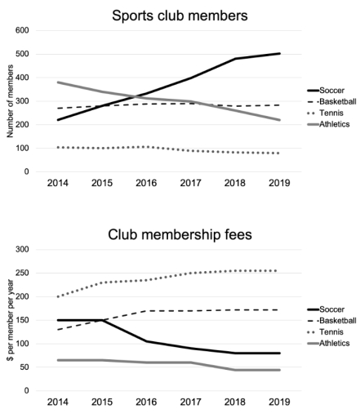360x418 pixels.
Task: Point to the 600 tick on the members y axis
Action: pyautogui.click(x=22, y=31)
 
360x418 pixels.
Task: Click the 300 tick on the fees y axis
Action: pyautogui.click(x=22, y=250)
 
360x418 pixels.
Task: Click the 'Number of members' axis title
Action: pyautogui.click(x=7, y=100)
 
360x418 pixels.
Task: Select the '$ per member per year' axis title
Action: pyautogui.click(x=7, y=319)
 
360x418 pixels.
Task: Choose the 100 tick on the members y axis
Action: pyautogui.click(x=22, y=149)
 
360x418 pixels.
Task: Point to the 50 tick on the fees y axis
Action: pyautogui.click(x=24, y=367)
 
